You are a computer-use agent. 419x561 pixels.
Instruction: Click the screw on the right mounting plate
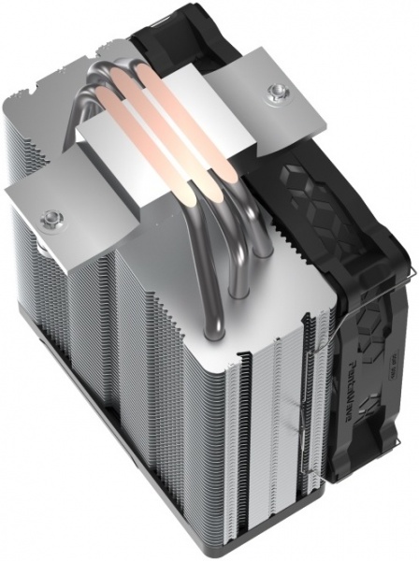[x=276, y=93]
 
